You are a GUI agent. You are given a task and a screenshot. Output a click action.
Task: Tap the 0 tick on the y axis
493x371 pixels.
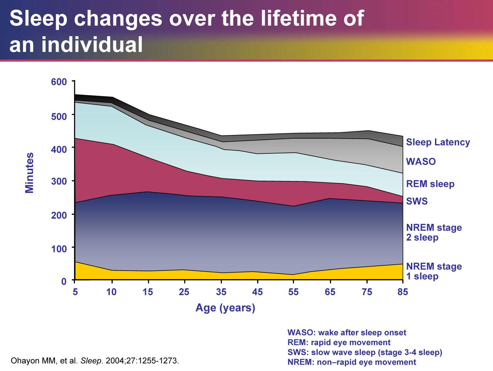tap(64, 281)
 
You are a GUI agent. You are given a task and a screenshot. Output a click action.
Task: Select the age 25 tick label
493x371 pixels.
tap(184, 292)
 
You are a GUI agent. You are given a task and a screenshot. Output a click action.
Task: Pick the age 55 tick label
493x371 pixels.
tap(293, 292)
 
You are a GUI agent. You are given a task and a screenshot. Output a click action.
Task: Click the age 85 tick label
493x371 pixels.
tap(403, 292)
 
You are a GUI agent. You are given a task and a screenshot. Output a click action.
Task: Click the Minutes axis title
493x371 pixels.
tap(30, 172)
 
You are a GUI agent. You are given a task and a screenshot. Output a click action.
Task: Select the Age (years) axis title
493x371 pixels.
tap(225, 308)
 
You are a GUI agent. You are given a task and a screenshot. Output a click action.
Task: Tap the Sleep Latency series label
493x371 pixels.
tap(438, 142)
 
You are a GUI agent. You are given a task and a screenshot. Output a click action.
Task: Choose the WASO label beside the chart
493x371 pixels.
tap(420, 162)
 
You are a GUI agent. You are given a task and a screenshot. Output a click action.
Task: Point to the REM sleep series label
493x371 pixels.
tap(430, 184)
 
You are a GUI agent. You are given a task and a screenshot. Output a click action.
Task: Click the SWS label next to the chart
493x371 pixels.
tap(417, 201)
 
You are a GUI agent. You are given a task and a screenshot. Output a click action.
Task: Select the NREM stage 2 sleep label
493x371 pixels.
tap(434, 232)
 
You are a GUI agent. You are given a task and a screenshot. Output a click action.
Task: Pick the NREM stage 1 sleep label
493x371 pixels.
tap(434, 271)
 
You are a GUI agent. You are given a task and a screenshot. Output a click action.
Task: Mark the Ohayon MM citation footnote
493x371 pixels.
tap(95, 360)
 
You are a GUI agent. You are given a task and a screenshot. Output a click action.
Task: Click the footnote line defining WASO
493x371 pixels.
tap(347, 332)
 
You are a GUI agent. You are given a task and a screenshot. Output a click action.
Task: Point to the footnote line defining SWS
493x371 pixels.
tap(364, 352)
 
